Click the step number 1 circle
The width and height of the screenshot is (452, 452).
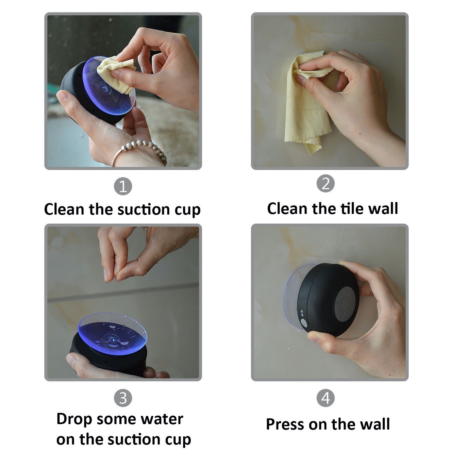(x=123, y=186)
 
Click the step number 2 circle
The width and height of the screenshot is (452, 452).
(x=325, y=183)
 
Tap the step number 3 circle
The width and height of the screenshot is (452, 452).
(x=123, y=398)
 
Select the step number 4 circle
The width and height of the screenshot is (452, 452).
(x=325, y=398)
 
